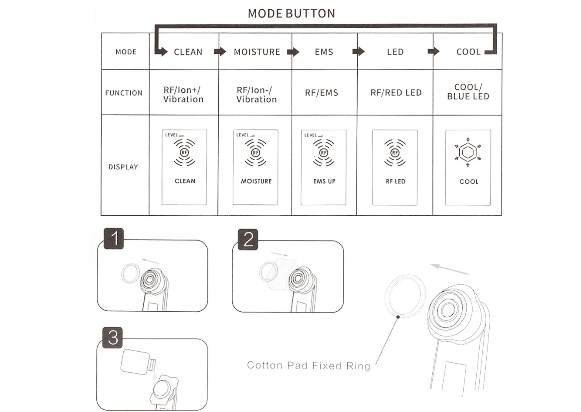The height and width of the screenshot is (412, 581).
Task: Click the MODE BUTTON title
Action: tap(291, 14)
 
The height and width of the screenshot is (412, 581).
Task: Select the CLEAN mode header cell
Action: tap(188, 52)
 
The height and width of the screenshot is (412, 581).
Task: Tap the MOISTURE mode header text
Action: tap(257, 52)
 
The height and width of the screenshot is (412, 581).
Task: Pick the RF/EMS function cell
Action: tap(321, 93)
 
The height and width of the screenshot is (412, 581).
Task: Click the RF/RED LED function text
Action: tap(396, 93)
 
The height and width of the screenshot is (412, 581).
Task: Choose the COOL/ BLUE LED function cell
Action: tap(468, 92)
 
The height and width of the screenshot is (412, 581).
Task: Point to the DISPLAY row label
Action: tap(123, 167)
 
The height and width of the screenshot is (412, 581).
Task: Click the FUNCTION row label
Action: tap(124, 93)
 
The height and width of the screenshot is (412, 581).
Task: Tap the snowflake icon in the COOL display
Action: tap(468, 153)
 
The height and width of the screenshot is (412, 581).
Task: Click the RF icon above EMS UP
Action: tap(323, 153)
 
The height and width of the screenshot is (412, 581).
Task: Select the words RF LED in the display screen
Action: tap(396, 181)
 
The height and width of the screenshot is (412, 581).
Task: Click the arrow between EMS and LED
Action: tap(358, 51)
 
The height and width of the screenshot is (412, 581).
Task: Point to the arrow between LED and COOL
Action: tap(433, 51)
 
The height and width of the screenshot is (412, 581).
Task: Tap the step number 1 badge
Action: tap(114, 239)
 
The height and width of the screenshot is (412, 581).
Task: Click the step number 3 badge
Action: tap(113, 338)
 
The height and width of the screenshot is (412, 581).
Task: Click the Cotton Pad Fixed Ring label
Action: tap(308, 365)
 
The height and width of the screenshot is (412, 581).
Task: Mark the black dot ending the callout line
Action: tap(398, 317)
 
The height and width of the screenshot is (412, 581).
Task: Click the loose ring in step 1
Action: tap(130, 273)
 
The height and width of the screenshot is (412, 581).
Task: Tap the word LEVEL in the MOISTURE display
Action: tap(242, 135)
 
